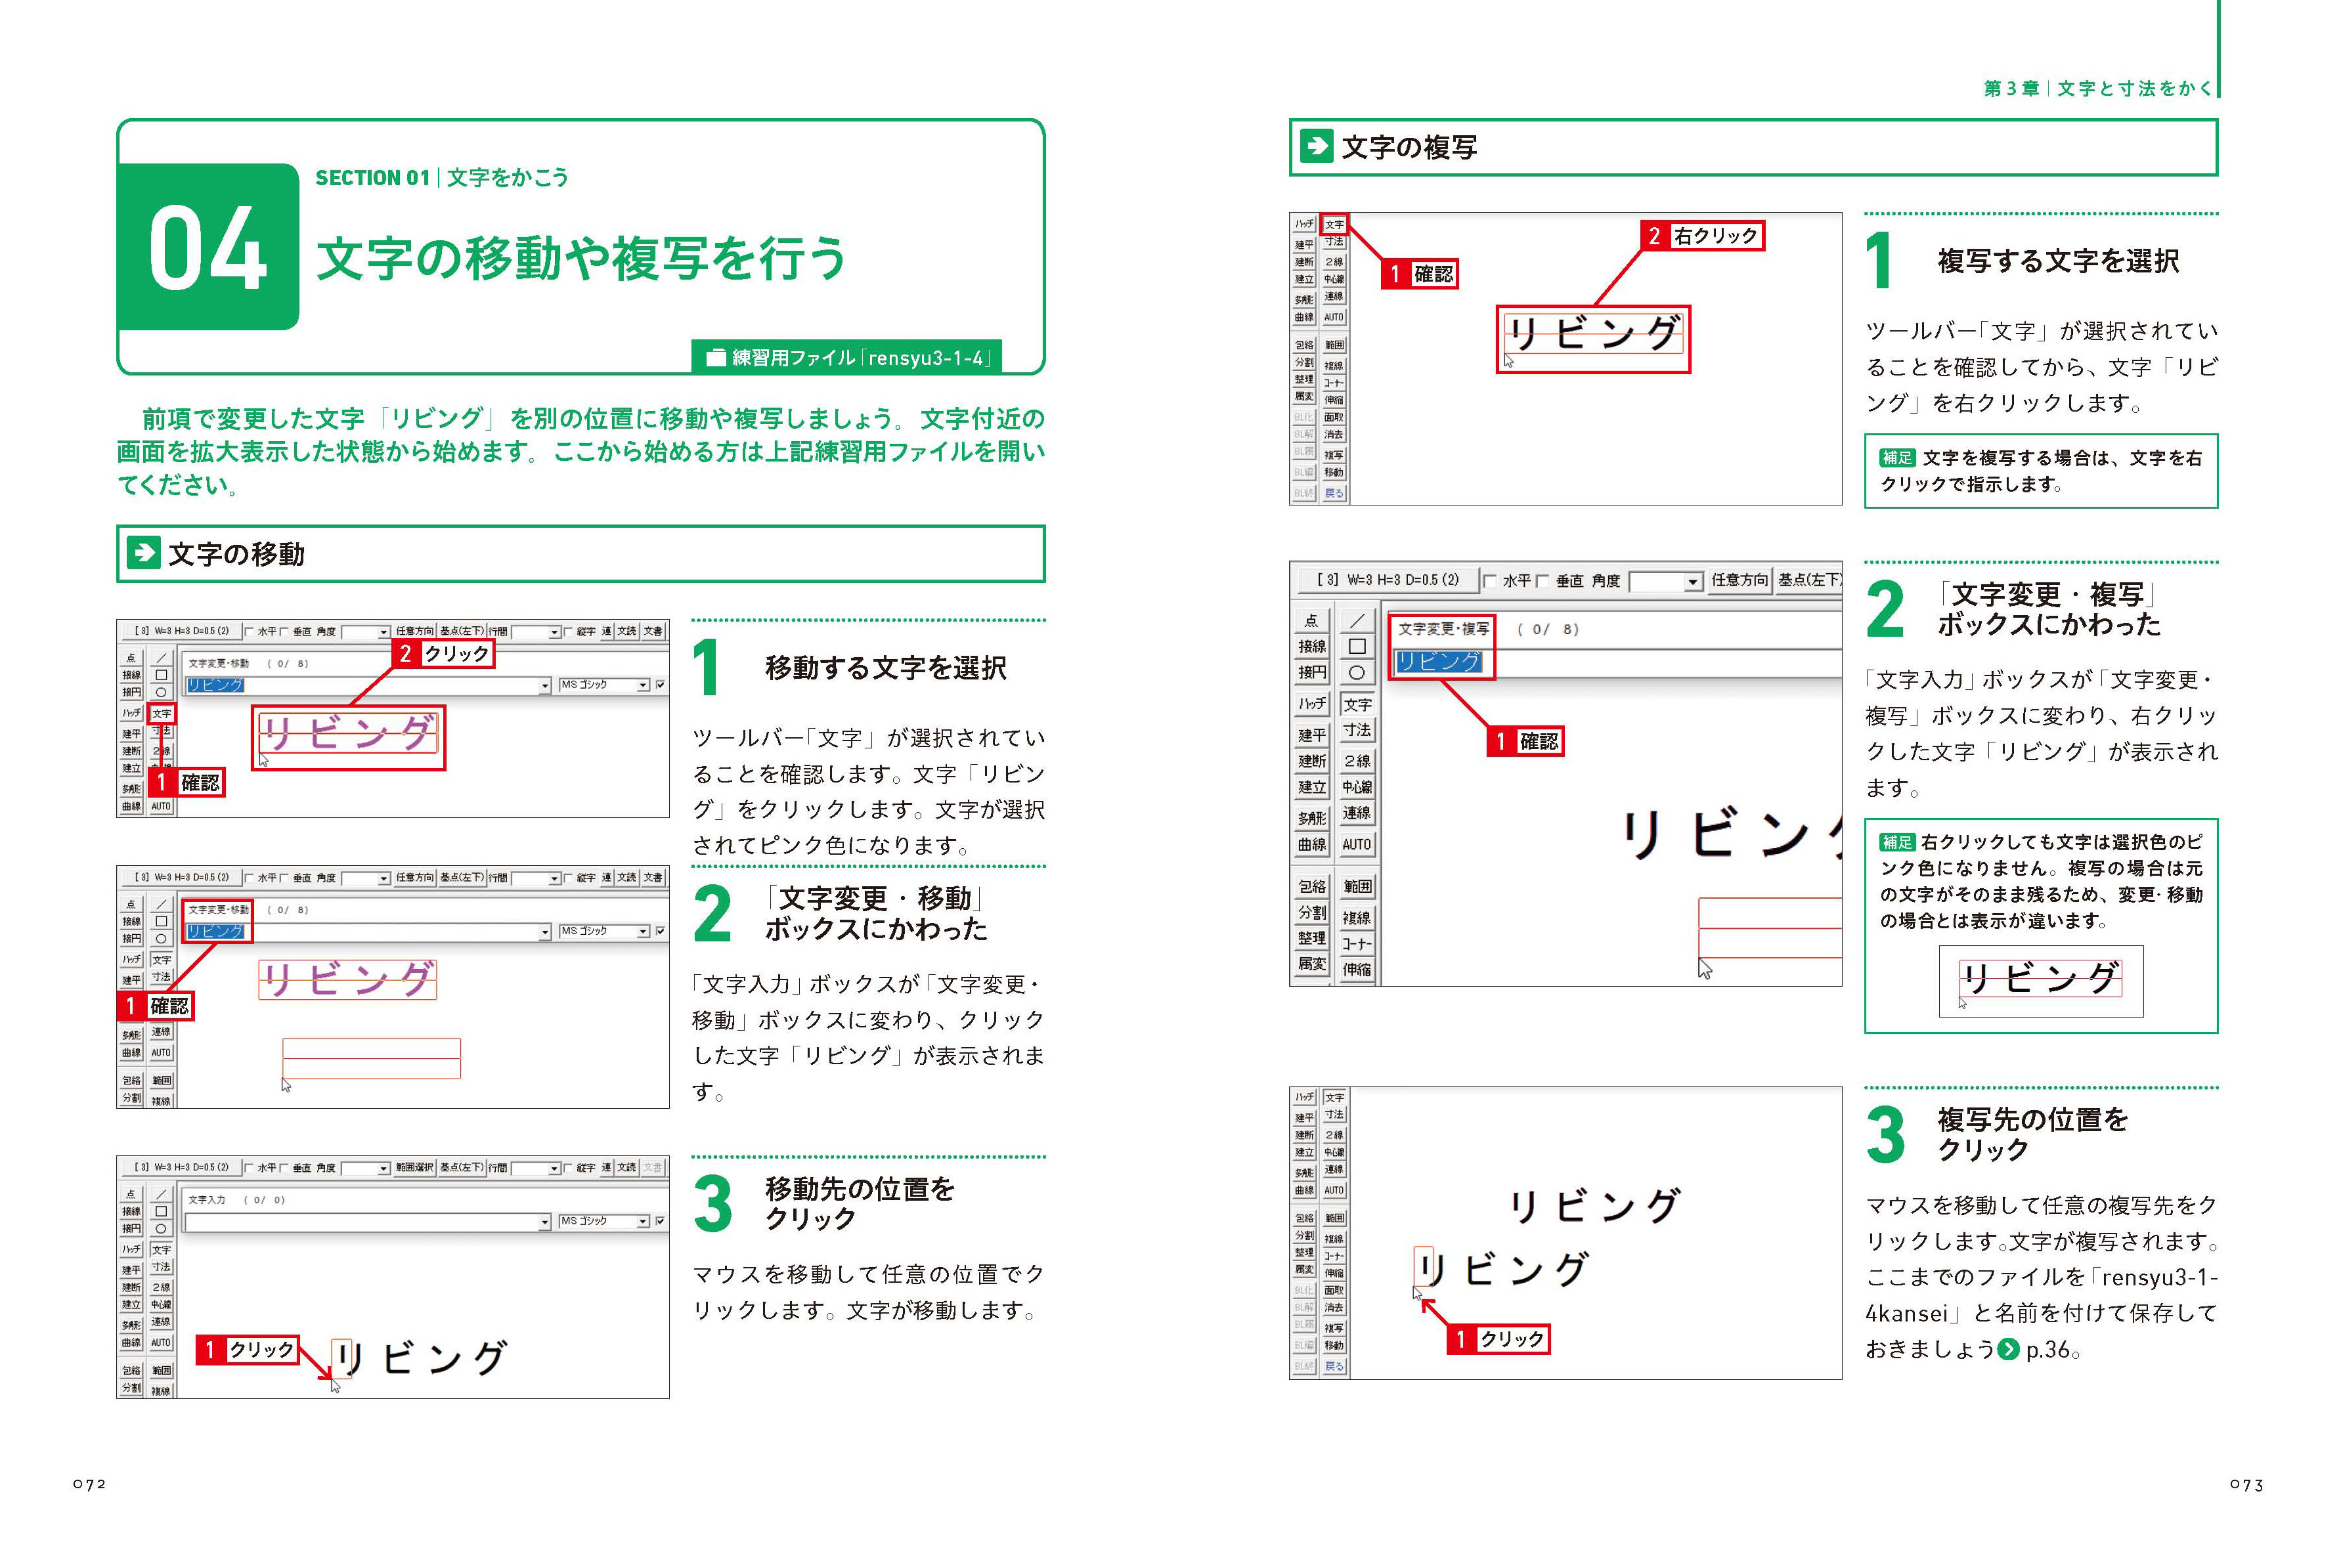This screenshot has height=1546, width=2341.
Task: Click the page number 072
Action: coord(90,1484)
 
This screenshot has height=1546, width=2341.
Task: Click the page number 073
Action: coord(2246,1484)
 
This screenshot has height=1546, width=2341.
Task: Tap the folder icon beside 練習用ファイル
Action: coord(716,357)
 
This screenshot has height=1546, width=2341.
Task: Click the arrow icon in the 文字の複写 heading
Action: coord(1317,147)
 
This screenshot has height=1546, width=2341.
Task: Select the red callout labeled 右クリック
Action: coord(1703,236)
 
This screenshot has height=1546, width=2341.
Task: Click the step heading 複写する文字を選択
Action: coord(2057,261)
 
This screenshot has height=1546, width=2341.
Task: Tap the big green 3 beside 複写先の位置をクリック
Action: coord(1885,1135)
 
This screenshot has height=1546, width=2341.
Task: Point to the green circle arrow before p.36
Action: coord(2007,1349)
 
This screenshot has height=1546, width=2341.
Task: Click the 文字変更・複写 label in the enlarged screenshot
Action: coord(1443,629)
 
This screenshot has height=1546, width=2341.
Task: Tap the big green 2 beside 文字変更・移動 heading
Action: coord(711,913)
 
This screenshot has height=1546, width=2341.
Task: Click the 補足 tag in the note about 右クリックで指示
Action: coord(1896,458)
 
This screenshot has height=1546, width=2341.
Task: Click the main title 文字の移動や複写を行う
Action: coord(580,259)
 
